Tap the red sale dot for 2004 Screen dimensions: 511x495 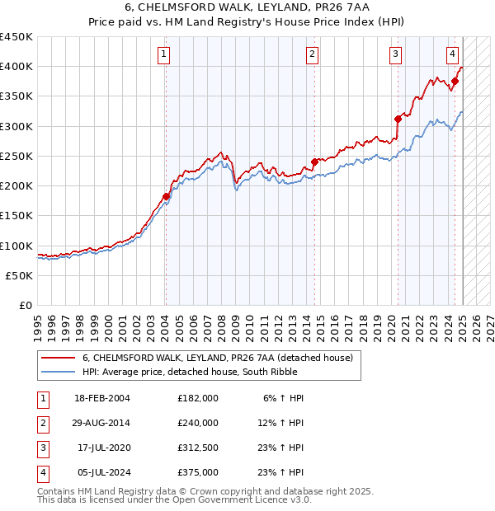(166, 196)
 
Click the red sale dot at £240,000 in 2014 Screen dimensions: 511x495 (314, 162)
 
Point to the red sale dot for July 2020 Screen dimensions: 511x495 (398, 118)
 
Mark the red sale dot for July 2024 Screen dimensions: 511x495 (455, 81)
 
